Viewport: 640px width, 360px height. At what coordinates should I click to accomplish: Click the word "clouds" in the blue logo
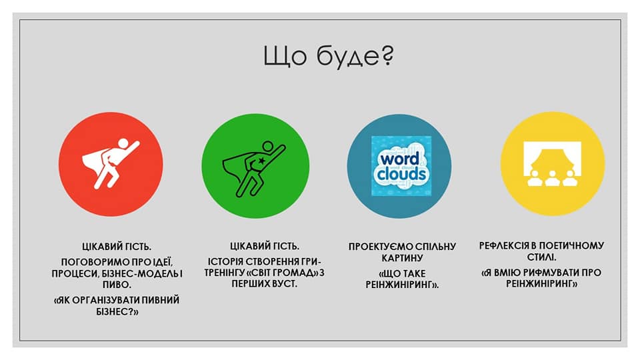pos(401,175)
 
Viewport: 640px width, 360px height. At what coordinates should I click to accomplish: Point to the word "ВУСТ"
pos(284,283)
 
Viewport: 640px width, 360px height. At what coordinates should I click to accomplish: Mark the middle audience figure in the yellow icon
pos(553,178)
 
